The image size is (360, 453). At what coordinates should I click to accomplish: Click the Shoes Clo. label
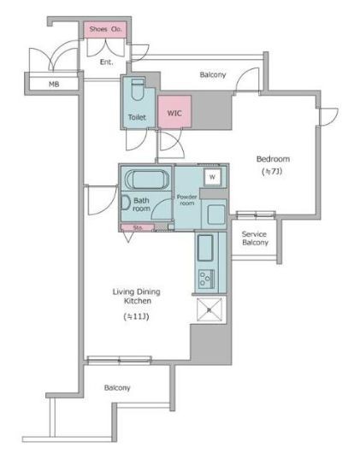[x=105, y=29]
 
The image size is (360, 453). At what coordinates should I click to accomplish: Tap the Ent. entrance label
[x=106, y=62]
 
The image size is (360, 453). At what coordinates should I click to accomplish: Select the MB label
[x=54, y=85]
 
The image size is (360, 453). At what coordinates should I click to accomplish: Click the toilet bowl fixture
[x=138, y=90]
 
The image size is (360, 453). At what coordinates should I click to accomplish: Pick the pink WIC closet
[x=174, y=111]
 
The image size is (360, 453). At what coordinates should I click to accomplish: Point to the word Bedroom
[x=273, y=159]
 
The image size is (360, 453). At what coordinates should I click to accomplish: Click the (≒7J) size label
[x=272, y=172]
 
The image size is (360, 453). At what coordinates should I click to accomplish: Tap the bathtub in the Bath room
[x=147, y=179]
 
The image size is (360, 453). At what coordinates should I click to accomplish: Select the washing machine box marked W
[x=213, y=177]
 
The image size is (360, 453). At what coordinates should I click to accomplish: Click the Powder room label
[x=187, y=200]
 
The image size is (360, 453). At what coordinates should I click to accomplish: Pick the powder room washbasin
[x=216, y=214]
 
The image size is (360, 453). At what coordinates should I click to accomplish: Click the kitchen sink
[x=205, y=248]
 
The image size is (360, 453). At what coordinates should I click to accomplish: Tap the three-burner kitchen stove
[x=206, y=279]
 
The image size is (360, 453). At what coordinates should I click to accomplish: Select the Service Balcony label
[x=255, y=238]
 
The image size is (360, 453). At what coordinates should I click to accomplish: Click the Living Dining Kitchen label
[x=136, y=296]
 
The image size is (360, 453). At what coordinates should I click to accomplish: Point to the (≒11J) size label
[x=136, y=316]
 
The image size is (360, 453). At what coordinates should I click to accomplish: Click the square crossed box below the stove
[x=210, y=309]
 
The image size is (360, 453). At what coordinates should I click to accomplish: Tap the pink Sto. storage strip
[x=138, y=227]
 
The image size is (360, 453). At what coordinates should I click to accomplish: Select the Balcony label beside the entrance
[x=213, y=75]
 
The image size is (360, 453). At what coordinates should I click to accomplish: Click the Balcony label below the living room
[x=117, y=388]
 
